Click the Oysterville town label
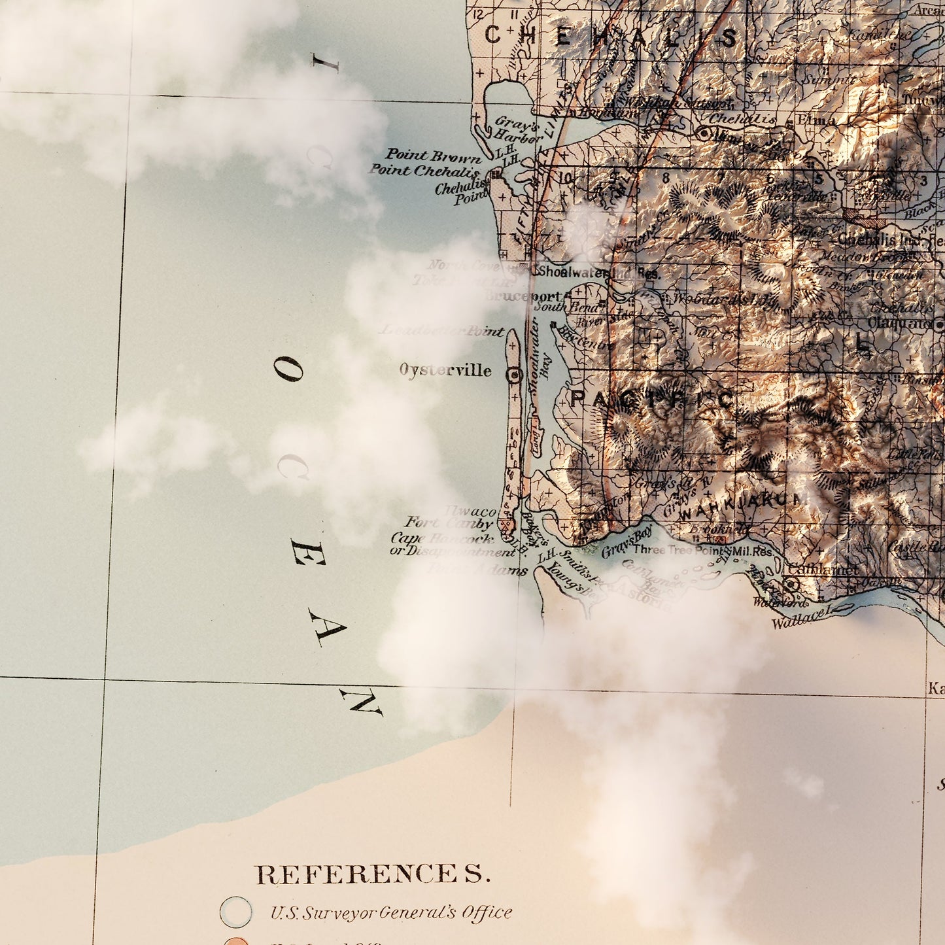point(445,370)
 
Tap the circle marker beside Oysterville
point(515,375)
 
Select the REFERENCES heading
point(372,874)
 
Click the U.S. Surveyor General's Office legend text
point(391,912)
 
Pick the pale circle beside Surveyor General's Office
point(235,912)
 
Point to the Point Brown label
point(433,156)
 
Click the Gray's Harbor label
point(518,129)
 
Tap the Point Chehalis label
point(424,171)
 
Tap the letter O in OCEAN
point(288,371)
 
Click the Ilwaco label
point(470,511)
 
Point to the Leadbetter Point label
point(442,331)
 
